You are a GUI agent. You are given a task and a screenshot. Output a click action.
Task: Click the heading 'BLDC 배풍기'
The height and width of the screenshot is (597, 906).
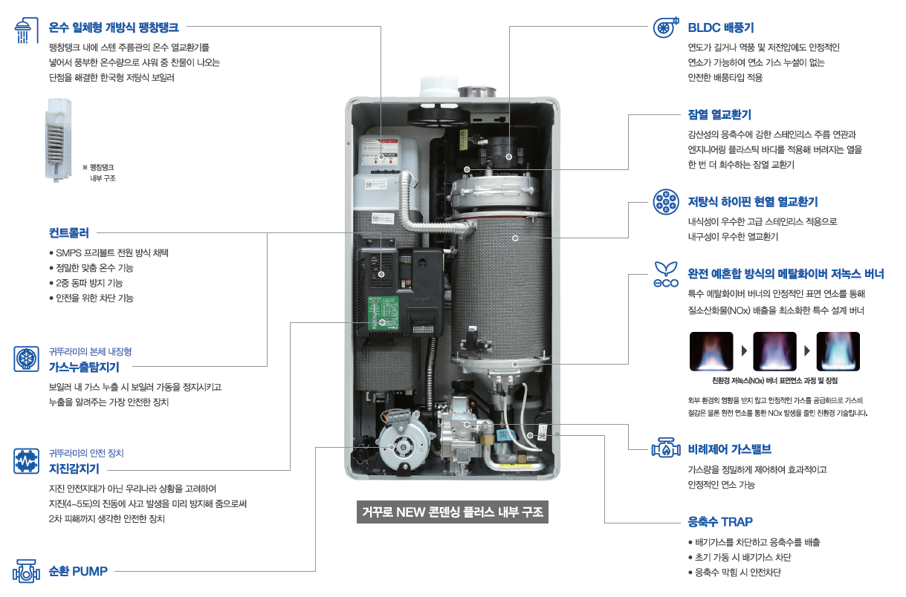pyautogui.click(x=721, y=28)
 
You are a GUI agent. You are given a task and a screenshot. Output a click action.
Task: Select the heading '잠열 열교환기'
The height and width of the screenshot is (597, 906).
pyautogui.click(x=719, y=115)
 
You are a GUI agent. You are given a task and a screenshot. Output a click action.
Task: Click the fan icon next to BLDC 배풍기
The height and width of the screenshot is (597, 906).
pyautogui.click(x=665, y=28)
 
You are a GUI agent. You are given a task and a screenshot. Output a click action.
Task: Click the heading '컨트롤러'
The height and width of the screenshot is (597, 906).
pyautogui.click(x=69, y=232)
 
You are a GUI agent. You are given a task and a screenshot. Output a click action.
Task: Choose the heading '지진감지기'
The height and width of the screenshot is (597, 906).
pyautogui.click(x=74, y=469)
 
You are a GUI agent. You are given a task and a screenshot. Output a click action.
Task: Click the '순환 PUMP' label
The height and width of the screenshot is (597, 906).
pyautogui.click(x=78, y=571)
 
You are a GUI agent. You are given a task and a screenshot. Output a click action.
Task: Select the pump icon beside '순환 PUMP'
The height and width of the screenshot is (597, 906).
pyautogui.click(x=26, y=571)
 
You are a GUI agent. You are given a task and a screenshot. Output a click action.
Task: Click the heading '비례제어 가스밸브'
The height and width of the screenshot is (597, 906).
pyautogui.click(x=730, y=449)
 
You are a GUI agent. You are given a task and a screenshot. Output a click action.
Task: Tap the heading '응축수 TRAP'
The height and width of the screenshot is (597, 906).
pyautogui.click(x=721, y=521)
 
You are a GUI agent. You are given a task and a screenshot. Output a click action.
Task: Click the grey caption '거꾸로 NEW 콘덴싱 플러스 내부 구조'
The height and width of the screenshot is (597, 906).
pyautogui.click(x=453, y=512)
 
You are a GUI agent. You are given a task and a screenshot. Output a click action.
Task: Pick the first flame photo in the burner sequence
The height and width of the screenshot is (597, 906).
pyautogui.click(x=711, y=350)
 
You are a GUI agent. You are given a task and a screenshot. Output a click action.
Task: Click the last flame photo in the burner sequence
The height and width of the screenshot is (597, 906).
pyautogui.click(x=838, y=350)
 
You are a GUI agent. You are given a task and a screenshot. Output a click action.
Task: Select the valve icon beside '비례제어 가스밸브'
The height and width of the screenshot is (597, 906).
pyautogui.click(x=665, y=448)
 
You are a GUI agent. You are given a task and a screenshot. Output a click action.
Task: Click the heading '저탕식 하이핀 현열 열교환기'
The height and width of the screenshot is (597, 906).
pyautogui.click(x=753, y=201)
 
